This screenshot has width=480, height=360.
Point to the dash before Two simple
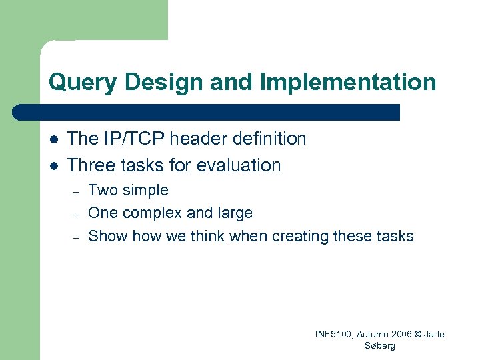click(x=77, y=191)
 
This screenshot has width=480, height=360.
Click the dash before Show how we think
click(x=77, y=237)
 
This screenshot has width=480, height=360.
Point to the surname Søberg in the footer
click(x=380, y=346)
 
